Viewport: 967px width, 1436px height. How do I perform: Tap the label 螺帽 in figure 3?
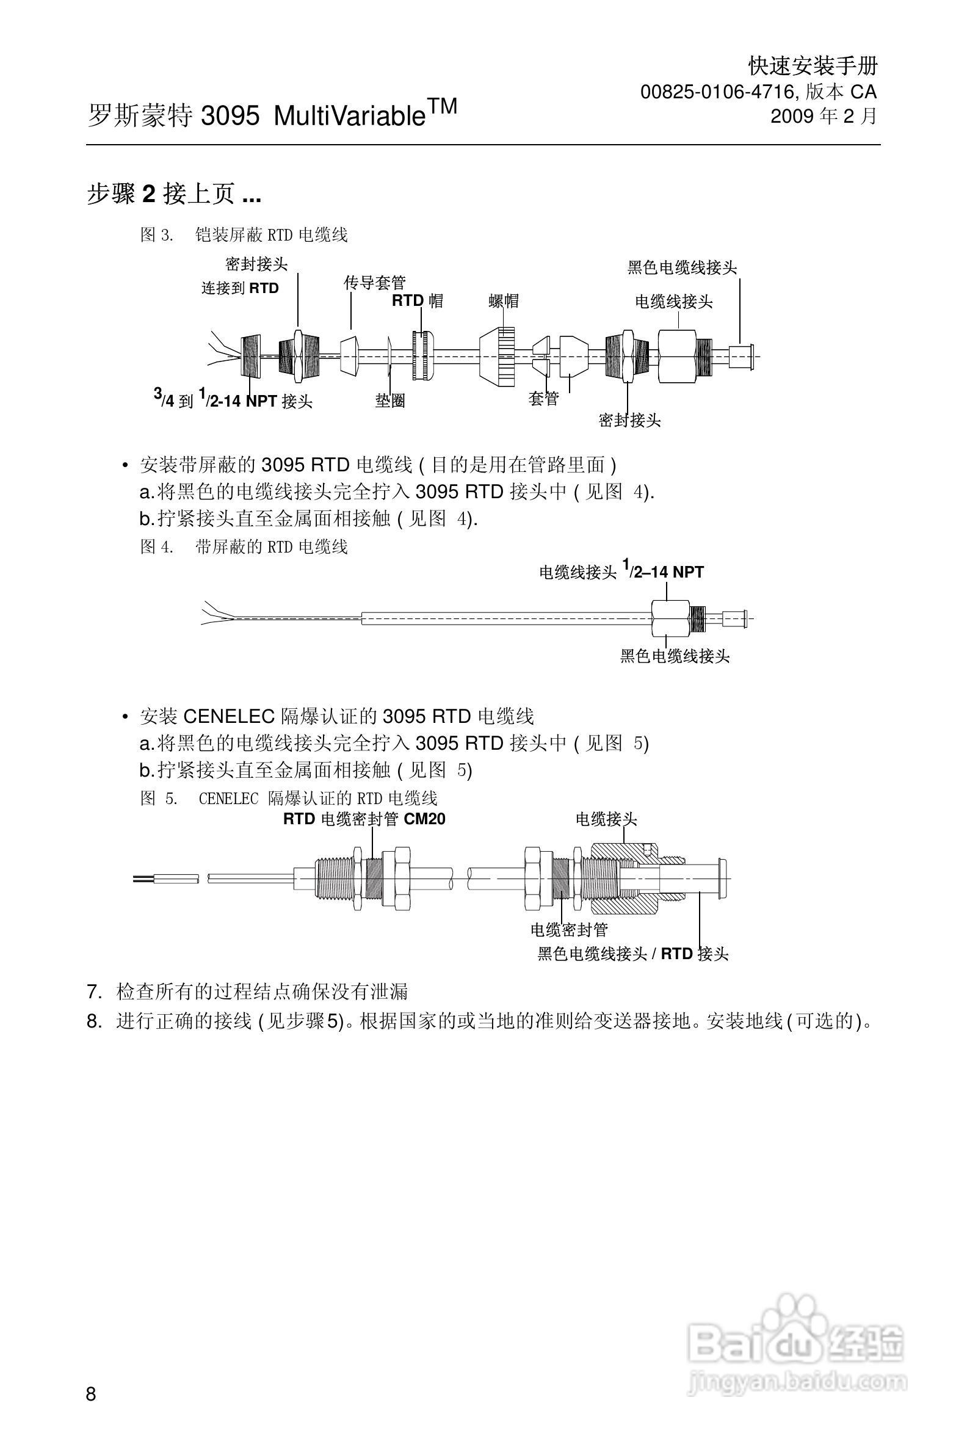(504, 301)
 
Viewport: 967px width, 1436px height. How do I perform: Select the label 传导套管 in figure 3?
(375, 283)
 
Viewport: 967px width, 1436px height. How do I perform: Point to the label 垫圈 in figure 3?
(390, 401)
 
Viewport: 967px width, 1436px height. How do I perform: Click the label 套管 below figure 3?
(543, 399)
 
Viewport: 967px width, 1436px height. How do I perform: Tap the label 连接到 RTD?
(240, 288)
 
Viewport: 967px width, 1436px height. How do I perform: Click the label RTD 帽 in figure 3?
(418, 301)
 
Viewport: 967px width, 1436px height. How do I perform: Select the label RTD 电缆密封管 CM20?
(364, 819)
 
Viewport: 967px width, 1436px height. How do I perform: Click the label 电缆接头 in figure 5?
(606, 819)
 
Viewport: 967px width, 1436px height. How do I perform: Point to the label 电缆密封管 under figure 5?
(569, 930)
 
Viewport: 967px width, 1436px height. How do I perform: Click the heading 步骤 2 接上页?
(174, 195)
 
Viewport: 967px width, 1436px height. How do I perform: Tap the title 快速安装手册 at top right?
(812, 65)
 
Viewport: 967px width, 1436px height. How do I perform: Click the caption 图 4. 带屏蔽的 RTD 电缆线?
(244, 547)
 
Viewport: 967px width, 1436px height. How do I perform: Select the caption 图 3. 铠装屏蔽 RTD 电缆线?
(244, 235)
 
